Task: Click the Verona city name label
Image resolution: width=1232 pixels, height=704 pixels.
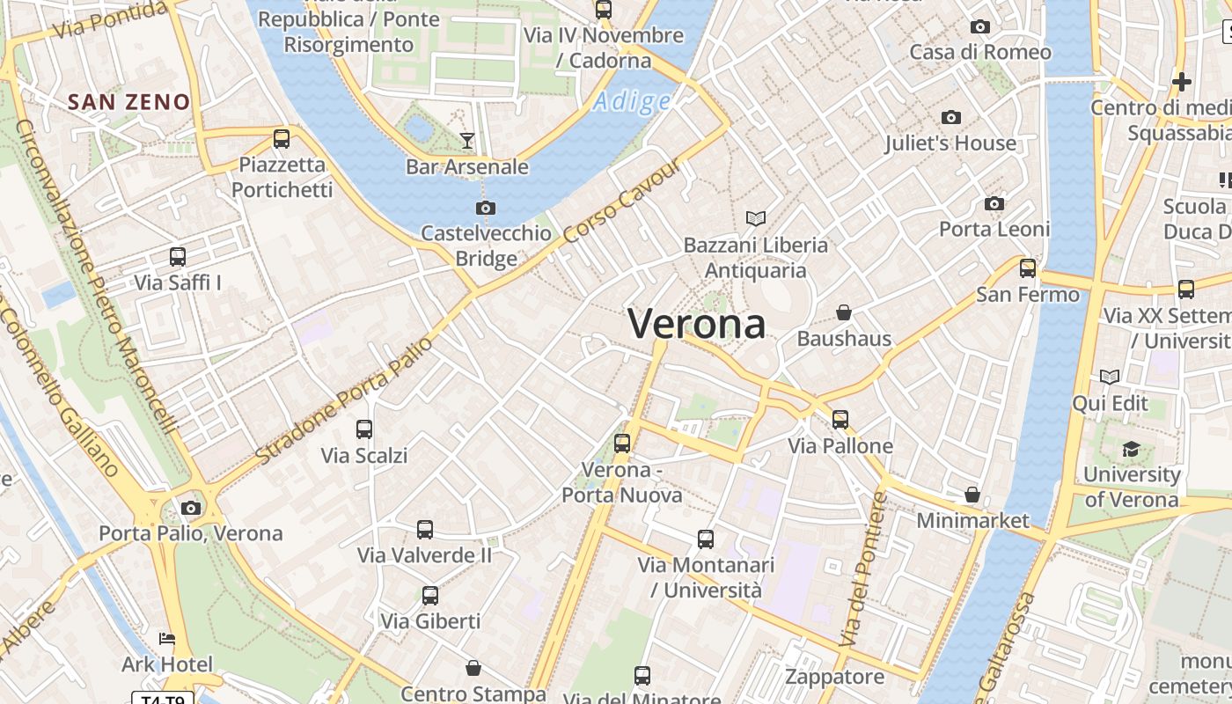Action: point(696,324)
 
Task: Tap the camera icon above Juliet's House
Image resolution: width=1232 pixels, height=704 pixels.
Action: point(950,117)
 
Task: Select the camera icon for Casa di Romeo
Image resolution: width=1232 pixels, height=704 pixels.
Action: point(979,27)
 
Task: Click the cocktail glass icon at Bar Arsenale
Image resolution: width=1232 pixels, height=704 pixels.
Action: point(467,140)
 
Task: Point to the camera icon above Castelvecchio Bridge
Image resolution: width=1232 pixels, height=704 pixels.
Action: point(485,208)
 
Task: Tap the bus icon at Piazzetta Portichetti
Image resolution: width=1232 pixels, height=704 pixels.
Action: point(282,138)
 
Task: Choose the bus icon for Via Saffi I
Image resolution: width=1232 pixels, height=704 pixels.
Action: point(178,257)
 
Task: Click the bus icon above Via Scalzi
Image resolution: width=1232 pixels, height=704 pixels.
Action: point(363,429)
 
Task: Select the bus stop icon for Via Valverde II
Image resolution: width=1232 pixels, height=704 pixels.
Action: point(425,530)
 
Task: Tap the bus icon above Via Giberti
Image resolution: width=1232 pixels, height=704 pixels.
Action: point(430,596)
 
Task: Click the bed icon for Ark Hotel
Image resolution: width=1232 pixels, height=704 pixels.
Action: point(166,639)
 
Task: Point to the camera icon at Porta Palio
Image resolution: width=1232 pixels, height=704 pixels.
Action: point(191,508)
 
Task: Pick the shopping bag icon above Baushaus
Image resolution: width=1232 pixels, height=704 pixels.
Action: point(844,312)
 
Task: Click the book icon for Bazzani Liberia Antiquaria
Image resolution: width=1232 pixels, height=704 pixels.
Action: point(756,218)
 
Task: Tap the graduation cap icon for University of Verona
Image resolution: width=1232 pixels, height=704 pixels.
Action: point(1131,450)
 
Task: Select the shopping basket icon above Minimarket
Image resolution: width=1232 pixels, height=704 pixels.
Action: point(972,495)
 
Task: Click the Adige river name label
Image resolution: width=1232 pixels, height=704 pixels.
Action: point(632,102)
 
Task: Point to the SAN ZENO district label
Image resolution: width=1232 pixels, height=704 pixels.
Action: point(128,102)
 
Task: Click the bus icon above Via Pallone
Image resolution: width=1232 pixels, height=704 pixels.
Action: point(840,420)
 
